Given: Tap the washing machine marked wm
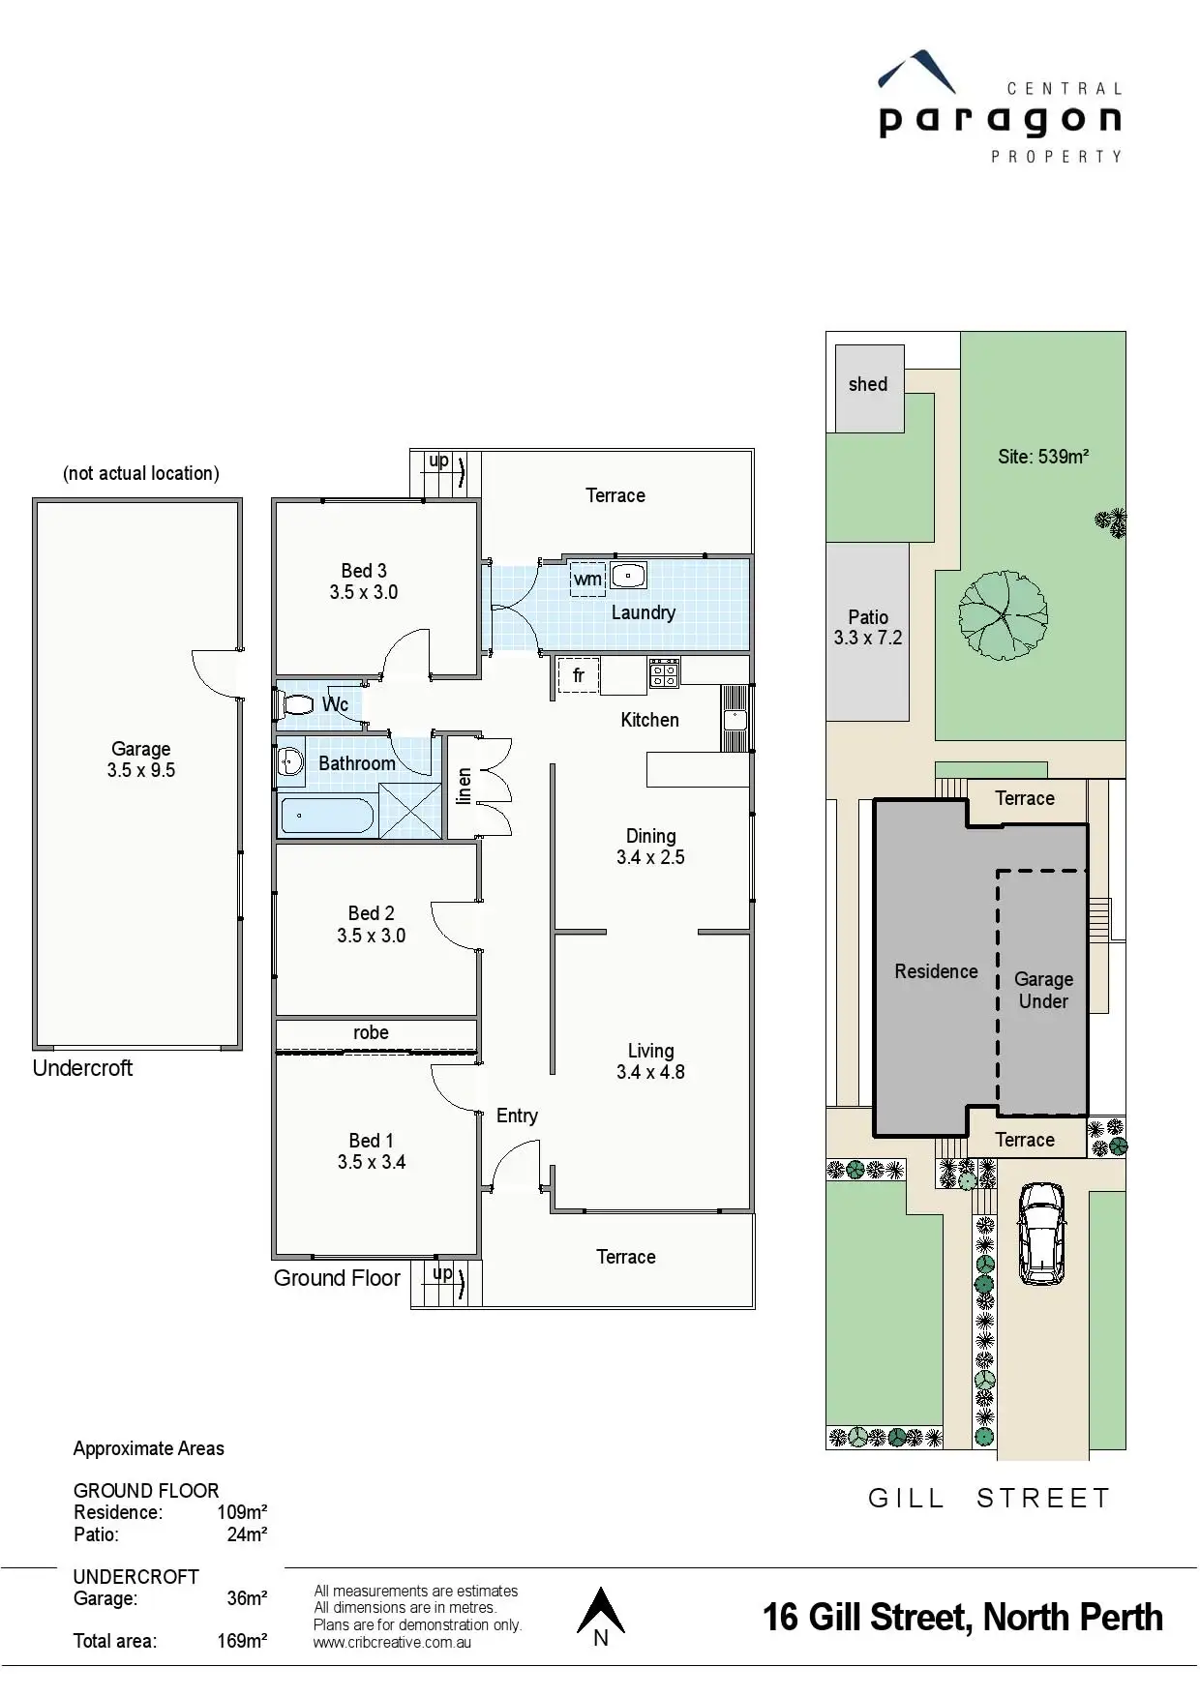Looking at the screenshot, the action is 587,580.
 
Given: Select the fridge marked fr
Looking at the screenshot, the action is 578,675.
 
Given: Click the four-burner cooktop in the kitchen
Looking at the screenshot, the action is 664,672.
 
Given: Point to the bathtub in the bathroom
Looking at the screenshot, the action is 327,815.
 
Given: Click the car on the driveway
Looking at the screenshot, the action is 1041,1234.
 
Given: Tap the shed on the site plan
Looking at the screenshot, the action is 868,387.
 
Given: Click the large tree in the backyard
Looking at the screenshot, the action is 1003,615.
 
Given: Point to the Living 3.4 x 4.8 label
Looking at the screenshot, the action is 650,1061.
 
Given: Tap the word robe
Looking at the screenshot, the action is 371,1032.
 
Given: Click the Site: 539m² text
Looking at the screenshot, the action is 1043,457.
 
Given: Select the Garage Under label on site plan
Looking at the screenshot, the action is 1043,990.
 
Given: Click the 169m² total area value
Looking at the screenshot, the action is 242,1641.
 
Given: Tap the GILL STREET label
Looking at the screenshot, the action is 988,1499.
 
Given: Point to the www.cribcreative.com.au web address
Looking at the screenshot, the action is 392,1642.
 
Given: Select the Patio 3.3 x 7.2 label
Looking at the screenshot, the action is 868,627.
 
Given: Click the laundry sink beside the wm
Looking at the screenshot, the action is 628,576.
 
